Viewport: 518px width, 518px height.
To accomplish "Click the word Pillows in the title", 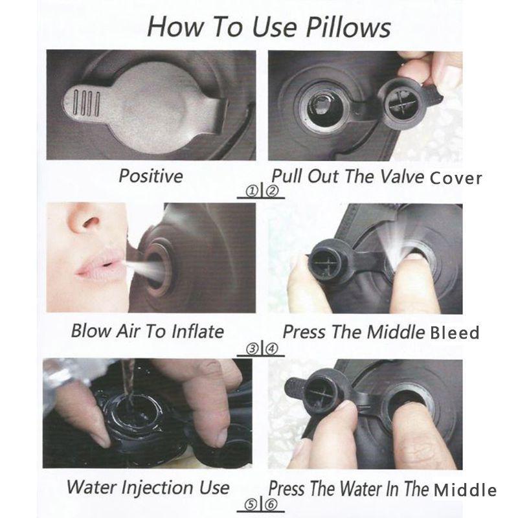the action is pos(348,27).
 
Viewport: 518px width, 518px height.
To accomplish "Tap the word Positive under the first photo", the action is pos(151,175).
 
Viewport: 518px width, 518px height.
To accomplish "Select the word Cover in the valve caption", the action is pos(456,178).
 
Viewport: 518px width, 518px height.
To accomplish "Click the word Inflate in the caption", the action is pos(197,332).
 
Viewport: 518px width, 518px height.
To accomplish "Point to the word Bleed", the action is pos(455,332).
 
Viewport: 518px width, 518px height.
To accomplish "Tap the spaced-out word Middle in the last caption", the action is pos(465,490).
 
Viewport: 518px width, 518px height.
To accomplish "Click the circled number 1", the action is pos(253,191).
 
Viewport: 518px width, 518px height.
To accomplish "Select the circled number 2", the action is pos(272,191).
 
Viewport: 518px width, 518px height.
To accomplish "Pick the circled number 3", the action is pos(253,348).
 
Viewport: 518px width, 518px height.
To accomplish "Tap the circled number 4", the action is pos(272,348).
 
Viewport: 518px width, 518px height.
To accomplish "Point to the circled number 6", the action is pos(271,504).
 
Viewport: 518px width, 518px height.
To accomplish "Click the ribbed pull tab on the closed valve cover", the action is pos(85,103).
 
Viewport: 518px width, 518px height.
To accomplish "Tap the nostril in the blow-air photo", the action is pos(91,222).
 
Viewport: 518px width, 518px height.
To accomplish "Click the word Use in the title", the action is pos(274,27).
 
